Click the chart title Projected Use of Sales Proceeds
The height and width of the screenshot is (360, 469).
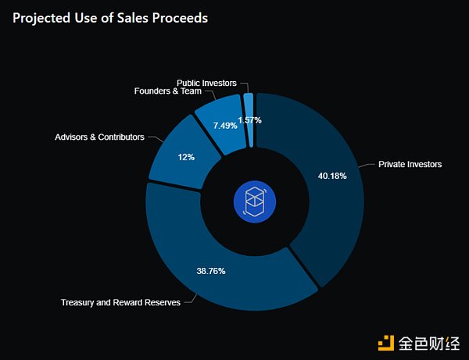pyautogui.click(x=110, y=18)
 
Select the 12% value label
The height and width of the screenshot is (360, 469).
pyautogui.click(x=186, y=157)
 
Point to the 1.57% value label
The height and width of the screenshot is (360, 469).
pyautogui.click(x=249, y=120)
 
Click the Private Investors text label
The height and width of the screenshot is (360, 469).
pyautogui.click(x=410, y=165)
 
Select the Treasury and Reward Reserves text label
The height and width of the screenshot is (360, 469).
pyautogui.click(x=120, y=302)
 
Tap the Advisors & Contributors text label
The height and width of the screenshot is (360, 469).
pyautogui.click(x=99, y=137)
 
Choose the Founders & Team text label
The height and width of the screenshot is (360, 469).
pyautogui.click(x=167, y=92)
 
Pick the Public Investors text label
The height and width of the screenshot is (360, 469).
pyautogui.click(x=205, y=83)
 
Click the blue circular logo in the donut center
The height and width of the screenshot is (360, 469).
pyautogui.click(x=255, y=200)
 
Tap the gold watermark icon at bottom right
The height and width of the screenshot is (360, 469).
pyautogui.click(x=385, y=342)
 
